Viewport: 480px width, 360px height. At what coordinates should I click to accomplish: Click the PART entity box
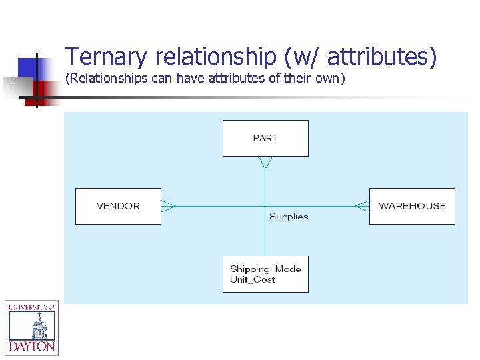265,138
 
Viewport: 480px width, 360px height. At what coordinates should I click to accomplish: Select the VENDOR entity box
118,206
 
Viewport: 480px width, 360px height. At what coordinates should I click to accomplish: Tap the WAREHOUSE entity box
412,206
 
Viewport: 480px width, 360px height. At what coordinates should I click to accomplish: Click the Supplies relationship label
289,216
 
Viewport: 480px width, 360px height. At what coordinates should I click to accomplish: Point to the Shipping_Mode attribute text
265,269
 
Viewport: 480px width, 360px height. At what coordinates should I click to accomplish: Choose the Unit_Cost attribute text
253,279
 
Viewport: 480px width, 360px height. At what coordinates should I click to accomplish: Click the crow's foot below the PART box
265,162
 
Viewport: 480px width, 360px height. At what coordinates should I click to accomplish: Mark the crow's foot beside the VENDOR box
168,206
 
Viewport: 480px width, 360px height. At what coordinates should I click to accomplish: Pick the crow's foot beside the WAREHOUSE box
362,206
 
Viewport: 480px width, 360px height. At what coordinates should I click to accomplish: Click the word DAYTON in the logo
32,347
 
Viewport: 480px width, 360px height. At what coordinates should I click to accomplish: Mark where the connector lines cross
265,206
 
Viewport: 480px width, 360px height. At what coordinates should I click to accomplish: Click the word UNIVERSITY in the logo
27,307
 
